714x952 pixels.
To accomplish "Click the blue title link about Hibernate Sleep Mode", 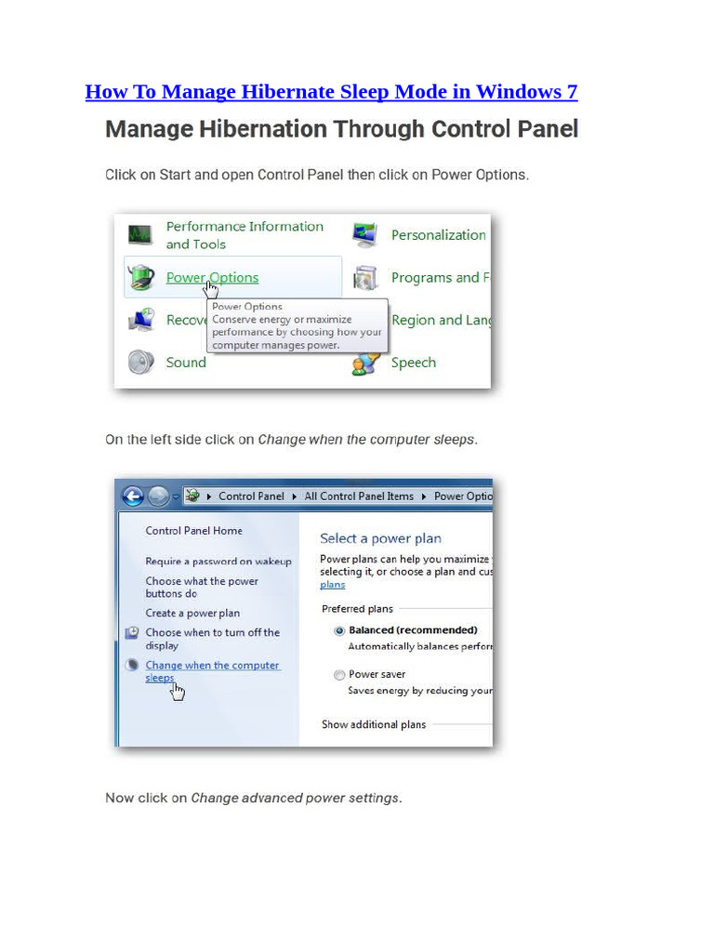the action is tap(331, 92).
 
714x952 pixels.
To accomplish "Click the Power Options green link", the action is tap(212, 277).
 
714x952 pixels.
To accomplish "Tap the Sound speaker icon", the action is tap(140, 362).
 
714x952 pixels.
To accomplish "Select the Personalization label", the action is tap(438, 235).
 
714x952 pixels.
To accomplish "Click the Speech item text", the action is tap(413, 363).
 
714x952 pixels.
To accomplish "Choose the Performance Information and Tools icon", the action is tap(140, 234).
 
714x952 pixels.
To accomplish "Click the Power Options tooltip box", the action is tap(297, 325).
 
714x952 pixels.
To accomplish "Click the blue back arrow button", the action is tap(132, 496).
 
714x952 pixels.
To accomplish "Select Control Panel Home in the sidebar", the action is tap(193, 531).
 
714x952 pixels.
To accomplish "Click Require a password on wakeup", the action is tap(218, 562).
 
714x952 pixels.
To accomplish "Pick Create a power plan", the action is tap(192, 614).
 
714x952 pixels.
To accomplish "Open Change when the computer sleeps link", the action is tap(212, 666).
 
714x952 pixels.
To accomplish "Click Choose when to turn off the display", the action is tap(212, 633).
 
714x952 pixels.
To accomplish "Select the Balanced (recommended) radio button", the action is tap(339, 630).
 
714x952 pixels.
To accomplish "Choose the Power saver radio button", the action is tap(339, 675).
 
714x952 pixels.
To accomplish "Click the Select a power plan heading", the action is tap(380, 538).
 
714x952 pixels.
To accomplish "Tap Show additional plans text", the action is tap(374, 725).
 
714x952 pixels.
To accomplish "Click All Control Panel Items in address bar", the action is tap(359, 496).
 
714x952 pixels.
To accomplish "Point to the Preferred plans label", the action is tap(357, 609).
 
